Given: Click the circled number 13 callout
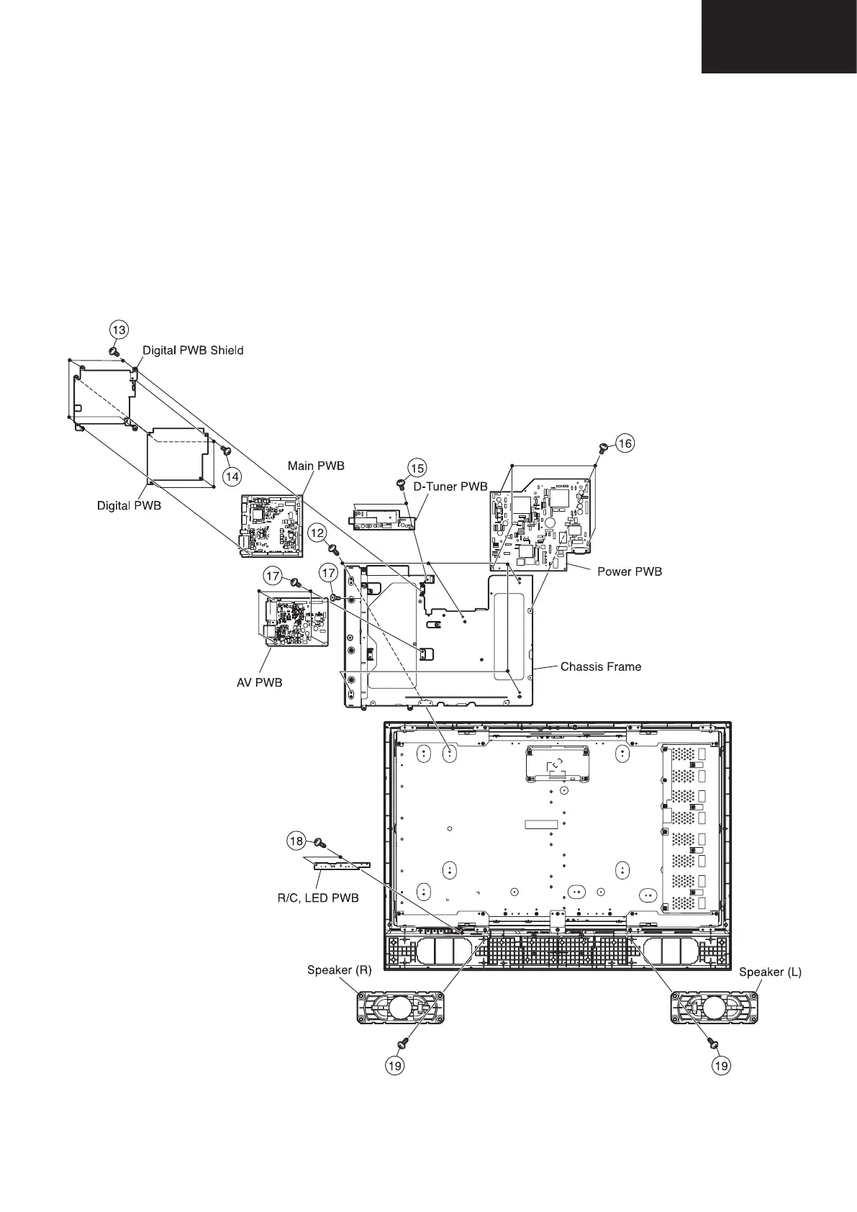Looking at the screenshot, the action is (119, 330).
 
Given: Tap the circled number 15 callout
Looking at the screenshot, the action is (417, 468).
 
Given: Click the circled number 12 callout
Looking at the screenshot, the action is (317, 533).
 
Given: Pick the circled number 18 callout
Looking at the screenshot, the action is (296, 841).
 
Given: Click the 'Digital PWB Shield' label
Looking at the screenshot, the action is (193, 351).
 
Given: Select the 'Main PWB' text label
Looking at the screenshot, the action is (316, 466).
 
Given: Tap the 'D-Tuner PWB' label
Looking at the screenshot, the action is (450, 487).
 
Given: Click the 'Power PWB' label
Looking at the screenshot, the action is (630, 571).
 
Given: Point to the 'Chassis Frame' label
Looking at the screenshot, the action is (601, 666).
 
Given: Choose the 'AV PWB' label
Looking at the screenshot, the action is (260, 682).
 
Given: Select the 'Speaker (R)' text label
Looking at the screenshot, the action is (339, 970).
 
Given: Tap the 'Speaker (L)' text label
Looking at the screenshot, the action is (770, 972).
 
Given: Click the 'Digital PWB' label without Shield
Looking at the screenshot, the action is (129, 505).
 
